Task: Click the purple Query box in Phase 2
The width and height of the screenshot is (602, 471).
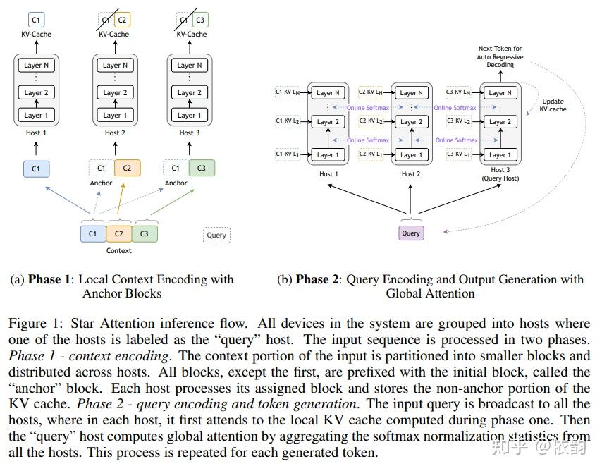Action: (411, 233)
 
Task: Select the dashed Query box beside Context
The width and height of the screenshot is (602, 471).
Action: (216, 235)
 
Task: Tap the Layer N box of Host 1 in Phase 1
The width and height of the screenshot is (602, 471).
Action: (37, 66)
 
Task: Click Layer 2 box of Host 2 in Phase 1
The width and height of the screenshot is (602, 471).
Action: (116, 93)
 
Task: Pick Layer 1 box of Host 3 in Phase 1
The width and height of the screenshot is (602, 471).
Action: (190, 115)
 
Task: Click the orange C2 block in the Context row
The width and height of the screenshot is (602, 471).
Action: (119, 233)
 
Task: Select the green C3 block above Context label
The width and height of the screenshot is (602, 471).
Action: (145, 233)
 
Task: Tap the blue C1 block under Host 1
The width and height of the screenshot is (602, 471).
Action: (36, 169)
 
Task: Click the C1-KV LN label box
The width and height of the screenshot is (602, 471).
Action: (287, 92)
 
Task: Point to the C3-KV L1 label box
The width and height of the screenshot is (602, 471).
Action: (458, 153)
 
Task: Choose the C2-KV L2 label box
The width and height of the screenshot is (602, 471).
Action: (371, 121)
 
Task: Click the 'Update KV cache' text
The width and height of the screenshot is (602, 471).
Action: (553, 105)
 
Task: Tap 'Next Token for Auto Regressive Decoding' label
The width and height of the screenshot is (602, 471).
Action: (500, 56)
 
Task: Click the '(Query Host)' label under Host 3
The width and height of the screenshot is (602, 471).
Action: (500, 178)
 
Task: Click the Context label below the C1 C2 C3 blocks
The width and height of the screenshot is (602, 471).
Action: (118, 250)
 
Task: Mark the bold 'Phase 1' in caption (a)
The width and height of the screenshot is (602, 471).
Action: (49, 280)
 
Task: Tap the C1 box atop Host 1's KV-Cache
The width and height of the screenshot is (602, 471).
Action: (36, 20)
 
